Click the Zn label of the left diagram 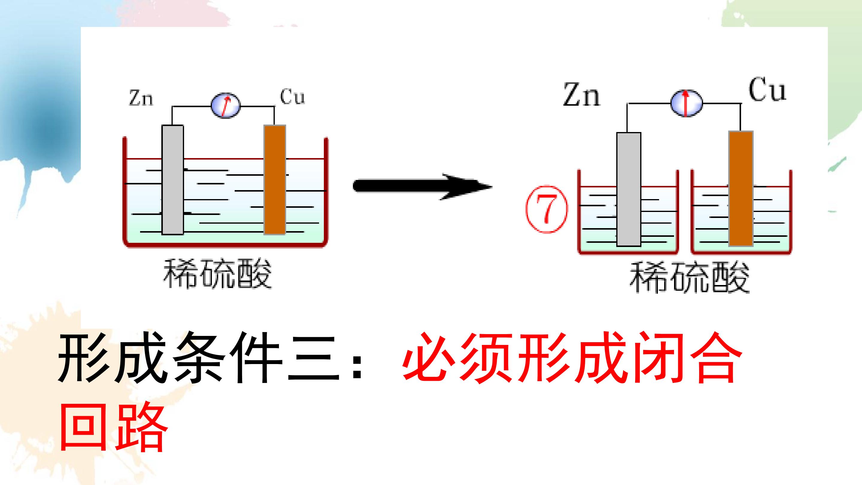(141, 98)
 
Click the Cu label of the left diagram (292, 97)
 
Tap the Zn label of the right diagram (582, 94)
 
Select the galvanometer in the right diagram (686, 103)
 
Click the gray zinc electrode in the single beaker (173, 180)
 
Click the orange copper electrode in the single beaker (275, 180)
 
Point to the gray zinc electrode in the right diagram (629, 189)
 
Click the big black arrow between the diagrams (423, 187)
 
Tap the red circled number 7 (547, 210)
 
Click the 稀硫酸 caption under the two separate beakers (689, 278)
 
